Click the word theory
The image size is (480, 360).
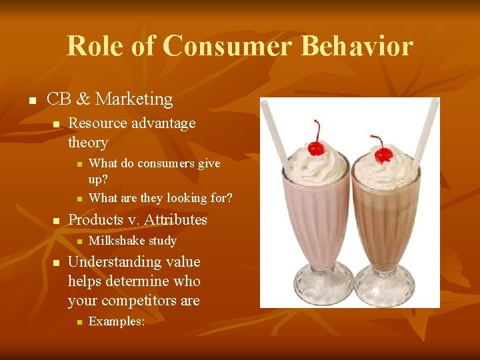tap(88, 143)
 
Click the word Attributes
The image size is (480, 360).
tap(176, 220)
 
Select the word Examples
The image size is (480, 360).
tap(115, 321)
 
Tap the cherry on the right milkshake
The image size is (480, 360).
tap(383, 155)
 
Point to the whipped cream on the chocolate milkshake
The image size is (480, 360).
tap(385, 173)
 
